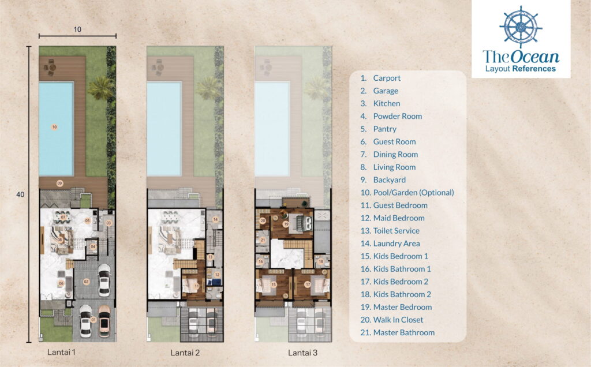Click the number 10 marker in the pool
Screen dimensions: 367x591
coord(54,126)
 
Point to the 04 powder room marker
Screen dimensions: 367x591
coord(93,246)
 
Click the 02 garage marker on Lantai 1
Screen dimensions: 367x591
coord(86,282)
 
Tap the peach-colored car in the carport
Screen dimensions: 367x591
coord(104,321)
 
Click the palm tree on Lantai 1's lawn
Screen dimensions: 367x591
coord(100,88)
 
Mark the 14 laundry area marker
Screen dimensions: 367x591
coord(215,219)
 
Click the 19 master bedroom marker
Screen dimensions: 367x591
coord(286,224)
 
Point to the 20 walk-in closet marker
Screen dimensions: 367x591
coord(263,220)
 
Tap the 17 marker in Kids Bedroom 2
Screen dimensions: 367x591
coord(308,284)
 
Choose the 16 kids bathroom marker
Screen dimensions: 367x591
coord(260,263)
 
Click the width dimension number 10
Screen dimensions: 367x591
coord(77,28)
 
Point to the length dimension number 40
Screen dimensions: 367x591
coord(20,195)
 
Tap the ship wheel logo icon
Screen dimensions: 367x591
coord(521,27)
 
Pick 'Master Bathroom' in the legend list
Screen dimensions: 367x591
coord(403,332)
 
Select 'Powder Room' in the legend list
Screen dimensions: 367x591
coord(397,116)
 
